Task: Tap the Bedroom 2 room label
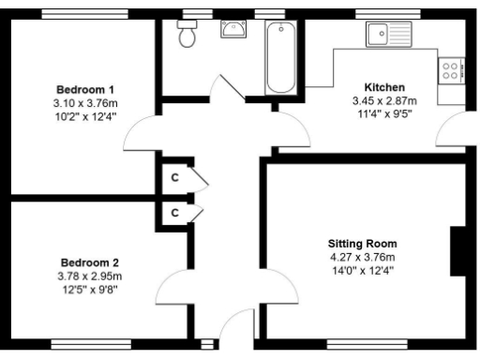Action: (x=90, y=262)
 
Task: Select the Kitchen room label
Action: (x=384, y=87)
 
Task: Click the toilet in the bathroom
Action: (x=187, y=35)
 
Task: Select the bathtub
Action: (x=279, y=57)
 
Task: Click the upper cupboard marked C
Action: (x=174, y=176)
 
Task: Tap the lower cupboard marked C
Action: (x=174, y=213)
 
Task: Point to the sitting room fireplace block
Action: (x=459, y=250)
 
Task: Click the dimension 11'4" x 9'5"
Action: (x=382, y=113)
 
